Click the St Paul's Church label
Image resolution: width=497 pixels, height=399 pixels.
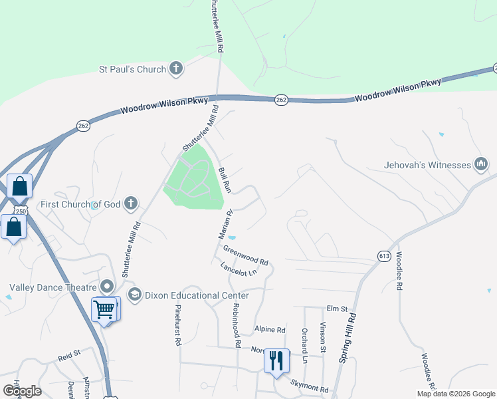(x=132, y=68)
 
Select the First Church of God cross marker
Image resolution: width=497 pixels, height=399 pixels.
(x=132, y=203)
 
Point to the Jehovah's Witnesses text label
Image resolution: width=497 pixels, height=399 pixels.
(x=427, y=165)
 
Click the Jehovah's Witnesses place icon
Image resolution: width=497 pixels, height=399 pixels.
(x=482, y=164)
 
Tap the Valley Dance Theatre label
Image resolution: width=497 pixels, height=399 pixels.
(x=52, y=288)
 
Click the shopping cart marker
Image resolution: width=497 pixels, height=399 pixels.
(x=104, y=309)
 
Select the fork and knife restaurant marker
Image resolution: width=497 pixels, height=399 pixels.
(x=276, y=360)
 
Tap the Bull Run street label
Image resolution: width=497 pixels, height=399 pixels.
(x=224, y=180)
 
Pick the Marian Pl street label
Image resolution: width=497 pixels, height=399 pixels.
(x=225, y=225)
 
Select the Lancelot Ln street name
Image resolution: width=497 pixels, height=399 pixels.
(x=239, y=269)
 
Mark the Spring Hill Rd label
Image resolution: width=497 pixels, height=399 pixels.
(x=348, y=338)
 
